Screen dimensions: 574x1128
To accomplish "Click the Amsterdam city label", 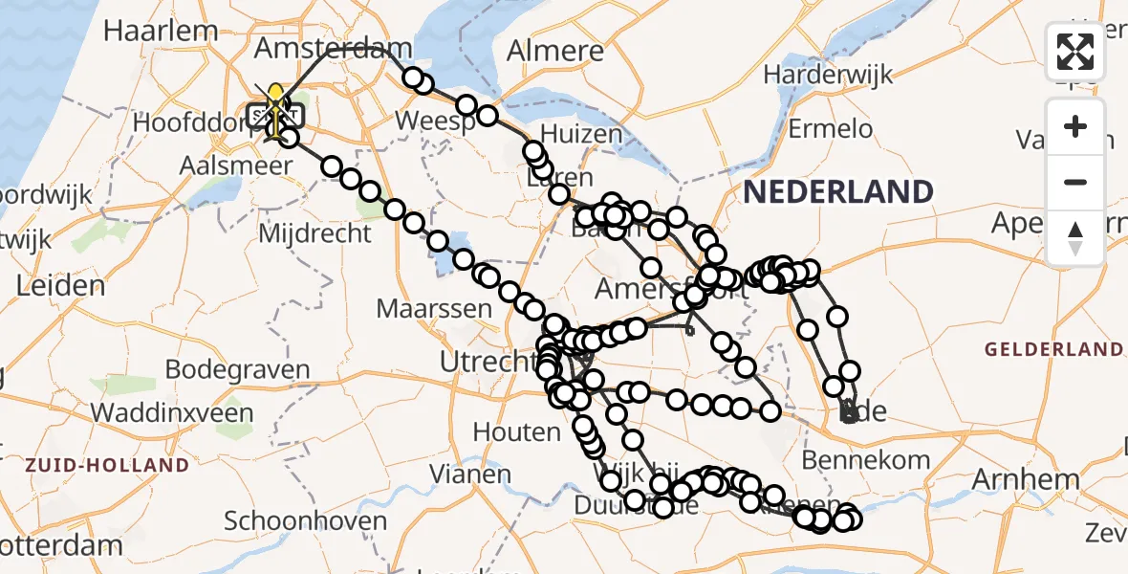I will pos(334,48).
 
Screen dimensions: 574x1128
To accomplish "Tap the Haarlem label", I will pos(161,30).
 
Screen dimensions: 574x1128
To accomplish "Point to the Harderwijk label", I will pos(828,74).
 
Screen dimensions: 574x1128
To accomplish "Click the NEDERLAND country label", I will pos(837,191).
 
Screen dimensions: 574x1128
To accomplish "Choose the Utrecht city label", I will pos(486,362).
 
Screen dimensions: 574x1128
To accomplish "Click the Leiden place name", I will pos(60,285).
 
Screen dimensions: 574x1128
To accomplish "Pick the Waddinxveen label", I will pos(173,413).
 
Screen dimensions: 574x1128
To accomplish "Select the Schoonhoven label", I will pos(305,521).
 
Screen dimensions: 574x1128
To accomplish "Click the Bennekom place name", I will pos(865,460).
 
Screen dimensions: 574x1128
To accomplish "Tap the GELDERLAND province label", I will pos(1053,348).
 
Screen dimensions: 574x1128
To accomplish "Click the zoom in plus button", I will pos(1075,126).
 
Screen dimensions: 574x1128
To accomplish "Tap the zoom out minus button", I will pos(1075,182).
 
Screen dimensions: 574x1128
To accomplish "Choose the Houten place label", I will pos(516,432).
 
